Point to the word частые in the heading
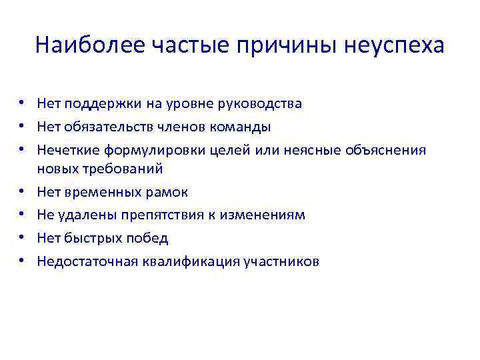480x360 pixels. point(190,45)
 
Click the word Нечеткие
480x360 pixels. point(67,149)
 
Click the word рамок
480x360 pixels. point(169,192)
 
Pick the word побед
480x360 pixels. point(150,238)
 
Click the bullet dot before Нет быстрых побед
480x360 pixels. point(22,238)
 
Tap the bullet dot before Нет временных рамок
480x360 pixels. point(22,192)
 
